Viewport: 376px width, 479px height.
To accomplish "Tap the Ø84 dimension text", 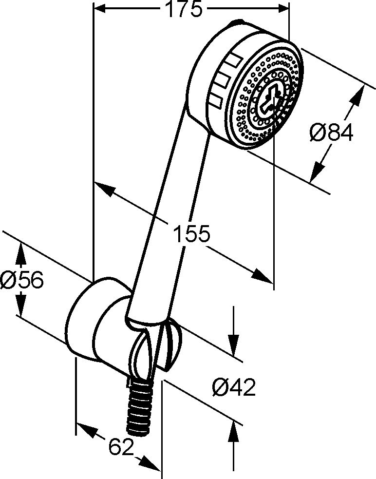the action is point(331,133).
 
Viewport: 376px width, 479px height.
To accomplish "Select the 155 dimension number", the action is point(191,234).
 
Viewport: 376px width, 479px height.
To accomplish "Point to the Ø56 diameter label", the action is point(22,280).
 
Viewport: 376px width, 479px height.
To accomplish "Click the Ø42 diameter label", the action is point(234,387).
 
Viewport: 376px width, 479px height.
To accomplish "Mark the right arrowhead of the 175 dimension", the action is point(282,9).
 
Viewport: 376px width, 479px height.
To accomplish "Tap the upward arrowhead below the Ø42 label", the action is point(234,432).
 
